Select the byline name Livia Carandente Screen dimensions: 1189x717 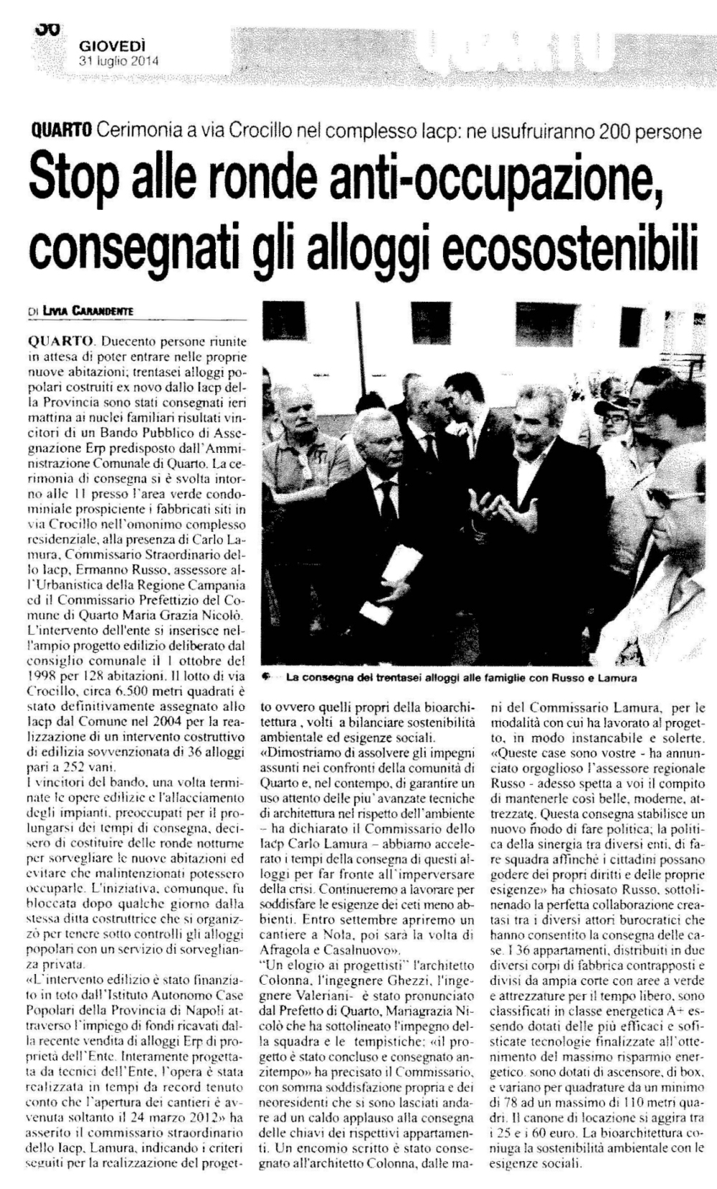point(89,310)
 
